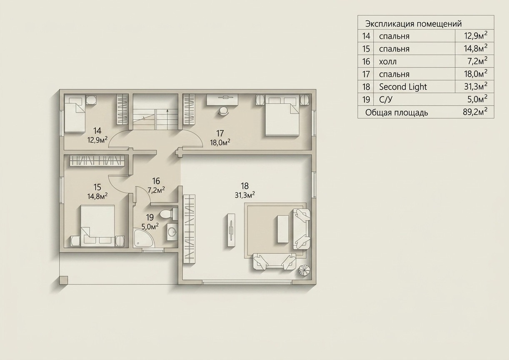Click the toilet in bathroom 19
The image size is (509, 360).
coord(169,214)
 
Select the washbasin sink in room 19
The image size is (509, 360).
coord(172,232)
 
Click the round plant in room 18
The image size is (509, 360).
coord(304,270)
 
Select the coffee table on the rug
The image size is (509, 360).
coord(283,229)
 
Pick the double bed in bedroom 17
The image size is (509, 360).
coord(282,116)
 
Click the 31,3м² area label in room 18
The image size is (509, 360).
coord(245,195)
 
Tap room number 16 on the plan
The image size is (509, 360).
coord(156,181)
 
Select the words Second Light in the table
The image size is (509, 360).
coord(403,87)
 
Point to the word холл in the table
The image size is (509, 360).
coord(388,62)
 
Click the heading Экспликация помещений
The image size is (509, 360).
coord(414,24)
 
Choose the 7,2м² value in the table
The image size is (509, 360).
coord(478,61)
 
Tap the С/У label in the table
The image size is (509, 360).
coord(386,100)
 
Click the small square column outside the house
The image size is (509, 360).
coord(63,280)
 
